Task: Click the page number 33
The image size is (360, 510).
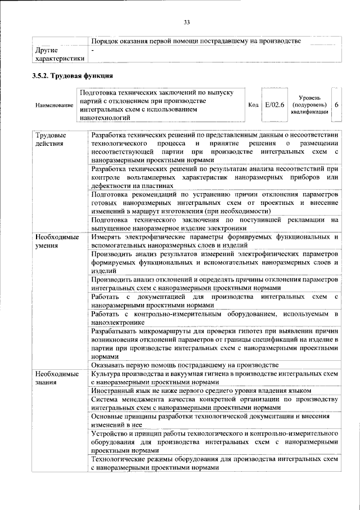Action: [x=187, y=22]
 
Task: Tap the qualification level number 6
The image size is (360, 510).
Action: [x=336, y=105]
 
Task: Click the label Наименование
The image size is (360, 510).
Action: [x=54, y=105]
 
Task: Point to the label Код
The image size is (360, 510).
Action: [x=253, y=105]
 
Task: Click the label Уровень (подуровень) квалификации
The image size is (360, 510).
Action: [x=309, y=105]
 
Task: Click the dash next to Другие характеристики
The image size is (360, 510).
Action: [x=93, y=51]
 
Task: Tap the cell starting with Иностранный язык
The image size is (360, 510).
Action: [x=201, y=391]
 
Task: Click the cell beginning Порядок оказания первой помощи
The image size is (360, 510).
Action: [x=196, y=41]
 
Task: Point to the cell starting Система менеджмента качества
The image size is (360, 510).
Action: [x=214, y=404]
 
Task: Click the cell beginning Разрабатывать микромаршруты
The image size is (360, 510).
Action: [x=214, y=343]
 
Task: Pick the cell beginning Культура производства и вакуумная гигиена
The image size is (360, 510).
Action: [x=214, y=378]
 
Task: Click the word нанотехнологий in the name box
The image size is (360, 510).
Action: [x=105, y=118]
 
